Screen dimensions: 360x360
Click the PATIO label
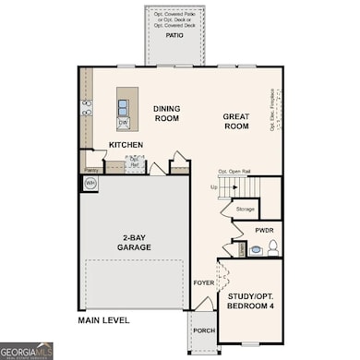[173, 36]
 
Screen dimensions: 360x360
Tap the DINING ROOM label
[167, 113]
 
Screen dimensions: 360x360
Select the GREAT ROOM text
[238, 121]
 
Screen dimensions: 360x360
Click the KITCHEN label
[125, 145]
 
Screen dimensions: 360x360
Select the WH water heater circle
[90, 183]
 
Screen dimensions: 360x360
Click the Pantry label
[91, 171]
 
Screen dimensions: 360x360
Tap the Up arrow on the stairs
[215, 186]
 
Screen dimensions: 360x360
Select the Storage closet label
[245, 209]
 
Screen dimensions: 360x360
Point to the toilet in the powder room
[271, 247]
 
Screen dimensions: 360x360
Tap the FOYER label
[203, 282]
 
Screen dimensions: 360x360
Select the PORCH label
[203, 330]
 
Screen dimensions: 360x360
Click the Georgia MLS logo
[27, 351]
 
